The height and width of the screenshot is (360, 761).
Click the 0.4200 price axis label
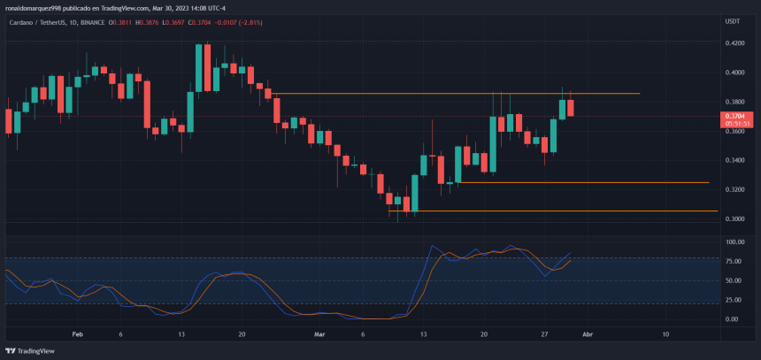click(x=735, y=42)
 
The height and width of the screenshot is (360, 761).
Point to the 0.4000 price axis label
click(x=735, y=73)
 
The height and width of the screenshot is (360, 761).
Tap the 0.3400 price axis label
click(x=735, y=160)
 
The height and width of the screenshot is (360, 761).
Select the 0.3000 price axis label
click(x=735, y=218)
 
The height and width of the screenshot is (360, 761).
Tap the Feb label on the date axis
click(x=78, y=335)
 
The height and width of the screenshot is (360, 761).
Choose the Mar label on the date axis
click(x=320, y=335)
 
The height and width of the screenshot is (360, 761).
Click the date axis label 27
click(x=545, y=335)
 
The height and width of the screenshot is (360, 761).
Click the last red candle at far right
click(x=571, y=108)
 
